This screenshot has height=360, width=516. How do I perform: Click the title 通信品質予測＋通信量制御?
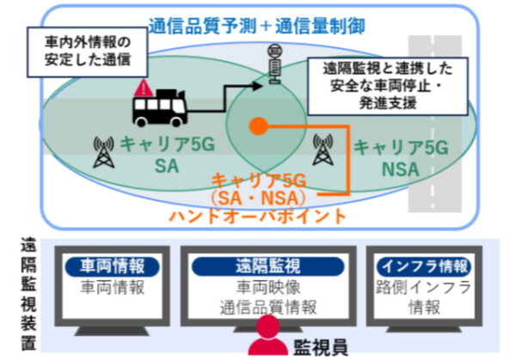coord(258,26)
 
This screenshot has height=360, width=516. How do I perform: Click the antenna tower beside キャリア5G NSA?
coord(324,150)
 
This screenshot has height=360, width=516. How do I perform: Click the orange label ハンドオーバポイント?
coord(258,216)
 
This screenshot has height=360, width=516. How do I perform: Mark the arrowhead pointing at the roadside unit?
coord(260,85)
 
